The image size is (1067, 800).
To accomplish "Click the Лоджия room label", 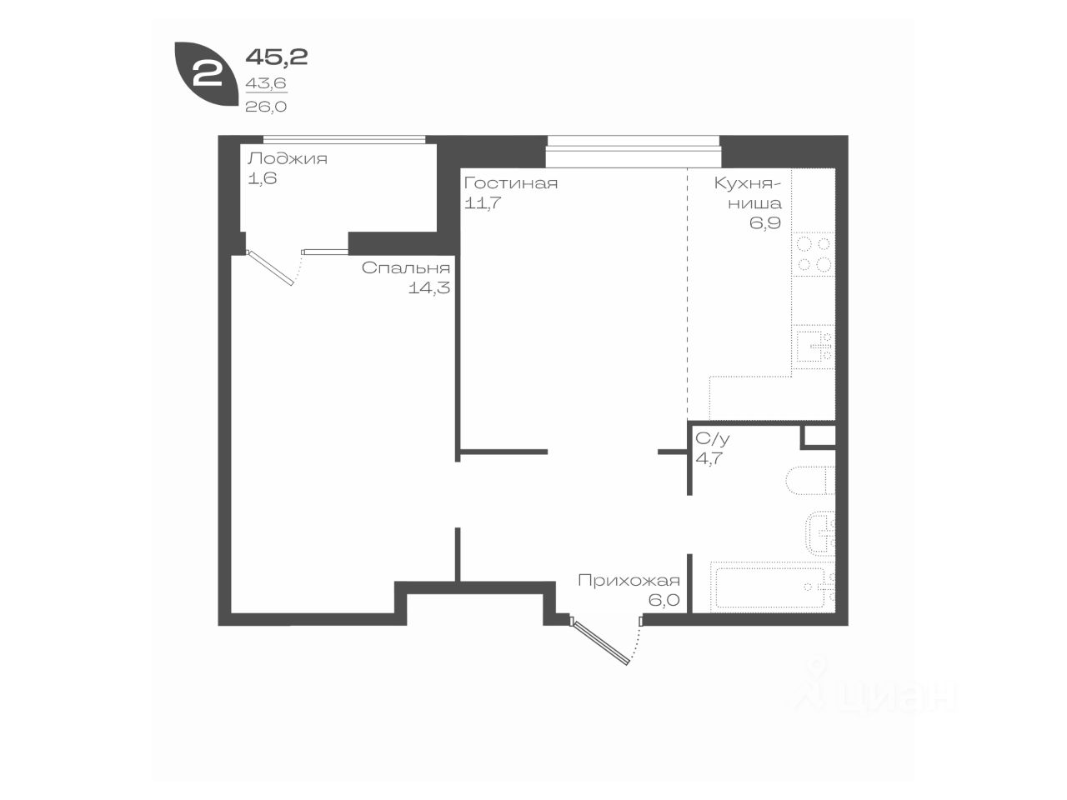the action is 288,159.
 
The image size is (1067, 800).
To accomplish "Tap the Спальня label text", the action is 406,268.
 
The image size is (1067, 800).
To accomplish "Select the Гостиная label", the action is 511,183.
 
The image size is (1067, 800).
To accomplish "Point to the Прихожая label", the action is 629,581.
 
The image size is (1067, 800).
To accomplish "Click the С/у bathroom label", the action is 712,438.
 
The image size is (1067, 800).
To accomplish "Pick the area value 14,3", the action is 429,288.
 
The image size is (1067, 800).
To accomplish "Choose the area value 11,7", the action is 482,203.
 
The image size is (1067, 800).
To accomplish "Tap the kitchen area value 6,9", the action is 765,223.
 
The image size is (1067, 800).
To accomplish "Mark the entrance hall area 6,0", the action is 664,600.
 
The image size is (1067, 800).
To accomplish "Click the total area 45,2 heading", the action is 277,57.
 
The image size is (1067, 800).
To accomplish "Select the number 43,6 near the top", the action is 266,83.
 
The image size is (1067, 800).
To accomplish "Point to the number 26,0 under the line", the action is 266,107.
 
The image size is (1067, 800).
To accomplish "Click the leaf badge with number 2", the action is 206,74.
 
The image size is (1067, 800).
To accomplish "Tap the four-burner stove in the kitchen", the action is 814,254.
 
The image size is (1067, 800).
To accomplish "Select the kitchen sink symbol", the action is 814,347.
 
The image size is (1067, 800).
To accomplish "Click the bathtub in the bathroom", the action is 773,587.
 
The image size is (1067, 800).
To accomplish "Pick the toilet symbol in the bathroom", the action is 810,481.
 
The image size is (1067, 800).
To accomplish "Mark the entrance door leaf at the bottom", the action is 600,641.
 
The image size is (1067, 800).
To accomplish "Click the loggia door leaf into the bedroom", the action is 270,267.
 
